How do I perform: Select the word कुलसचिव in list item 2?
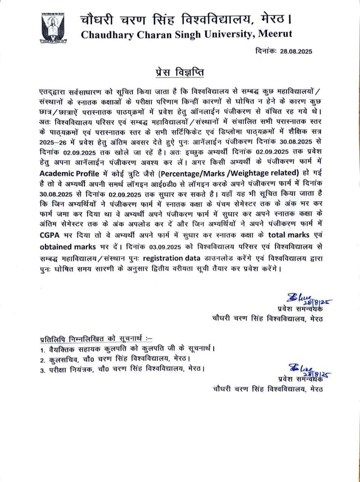[x=63, y=359]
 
